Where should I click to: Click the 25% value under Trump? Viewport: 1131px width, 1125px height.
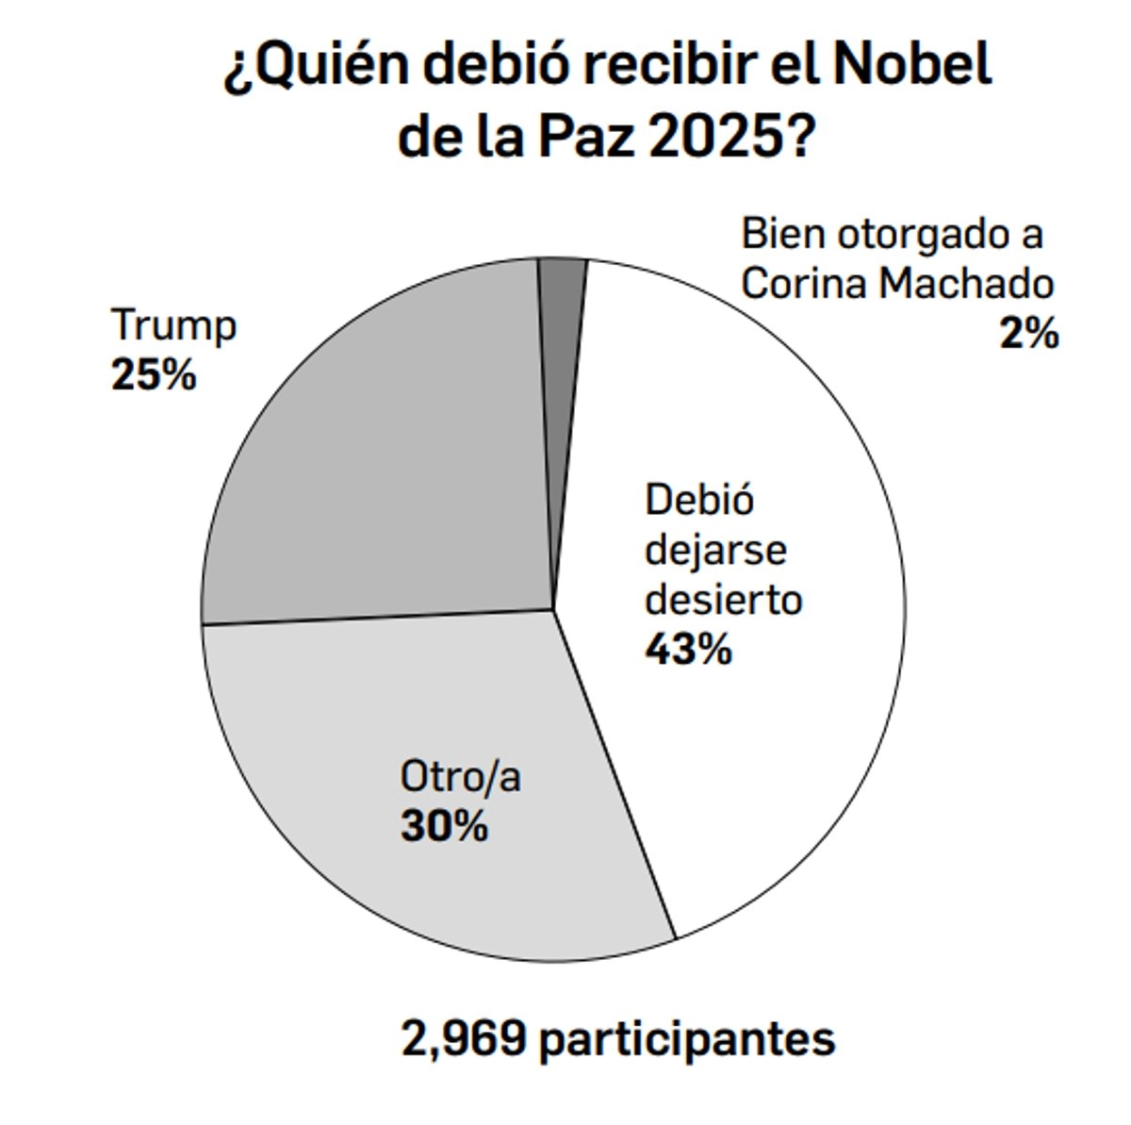tap(154, 376)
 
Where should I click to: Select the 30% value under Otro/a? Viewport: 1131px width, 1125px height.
tap(444, 827)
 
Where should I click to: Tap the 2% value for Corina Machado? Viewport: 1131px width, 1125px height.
tap(1029, 334)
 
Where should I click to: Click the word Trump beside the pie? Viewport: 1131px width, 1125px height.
tap(173, 326)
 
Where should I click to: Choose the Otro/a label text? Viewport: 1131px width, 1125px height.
tap(460, 778)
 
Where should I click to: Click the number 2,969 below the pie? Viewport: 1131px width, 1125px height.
tap(462, 1039)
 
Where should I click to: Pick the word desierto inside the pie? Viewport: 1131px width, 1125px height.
tap(723, 600)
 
